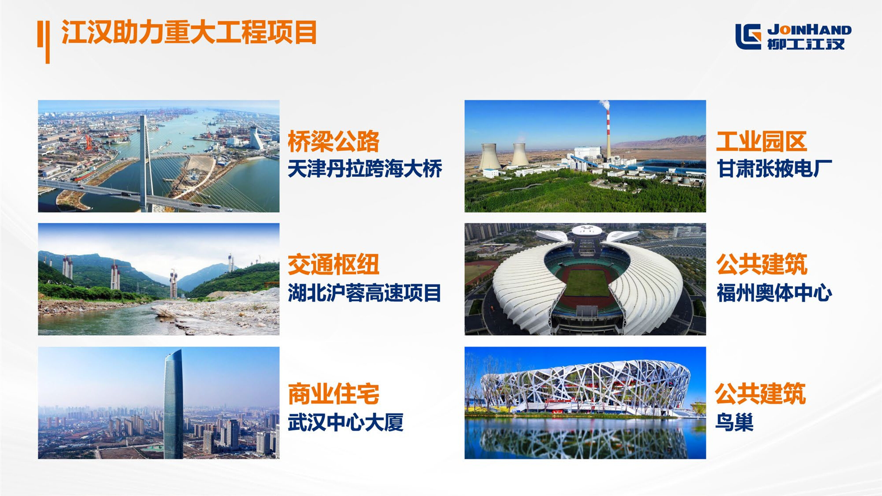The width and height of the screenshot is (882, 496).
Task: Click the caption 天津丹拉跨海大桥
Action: (x=365, y=169)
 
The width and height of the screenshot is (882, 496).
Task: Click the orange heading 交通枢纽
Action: (x=333, y=265)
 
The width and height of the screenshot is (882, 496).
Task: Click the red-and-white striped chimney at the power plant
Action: (x=608, y=137)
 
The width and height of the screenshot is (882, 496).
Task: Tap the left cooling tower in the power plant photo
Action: (x=491, y=157)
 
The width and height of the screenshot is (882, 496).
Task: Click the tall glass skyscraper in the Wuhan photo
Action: (x=174, y=404)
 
